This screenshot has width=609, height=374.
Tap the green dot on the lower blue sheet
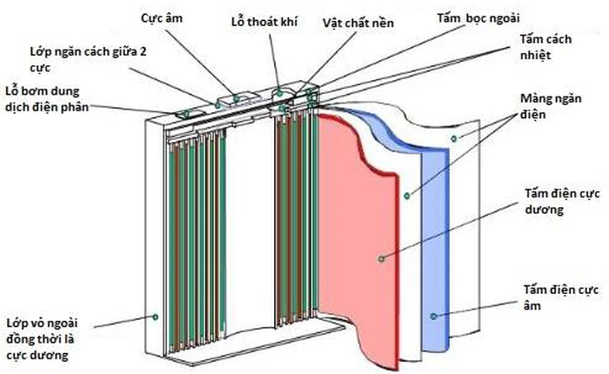(432, 314)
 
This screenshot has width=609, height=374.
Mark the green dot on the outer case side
(156, 317)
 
